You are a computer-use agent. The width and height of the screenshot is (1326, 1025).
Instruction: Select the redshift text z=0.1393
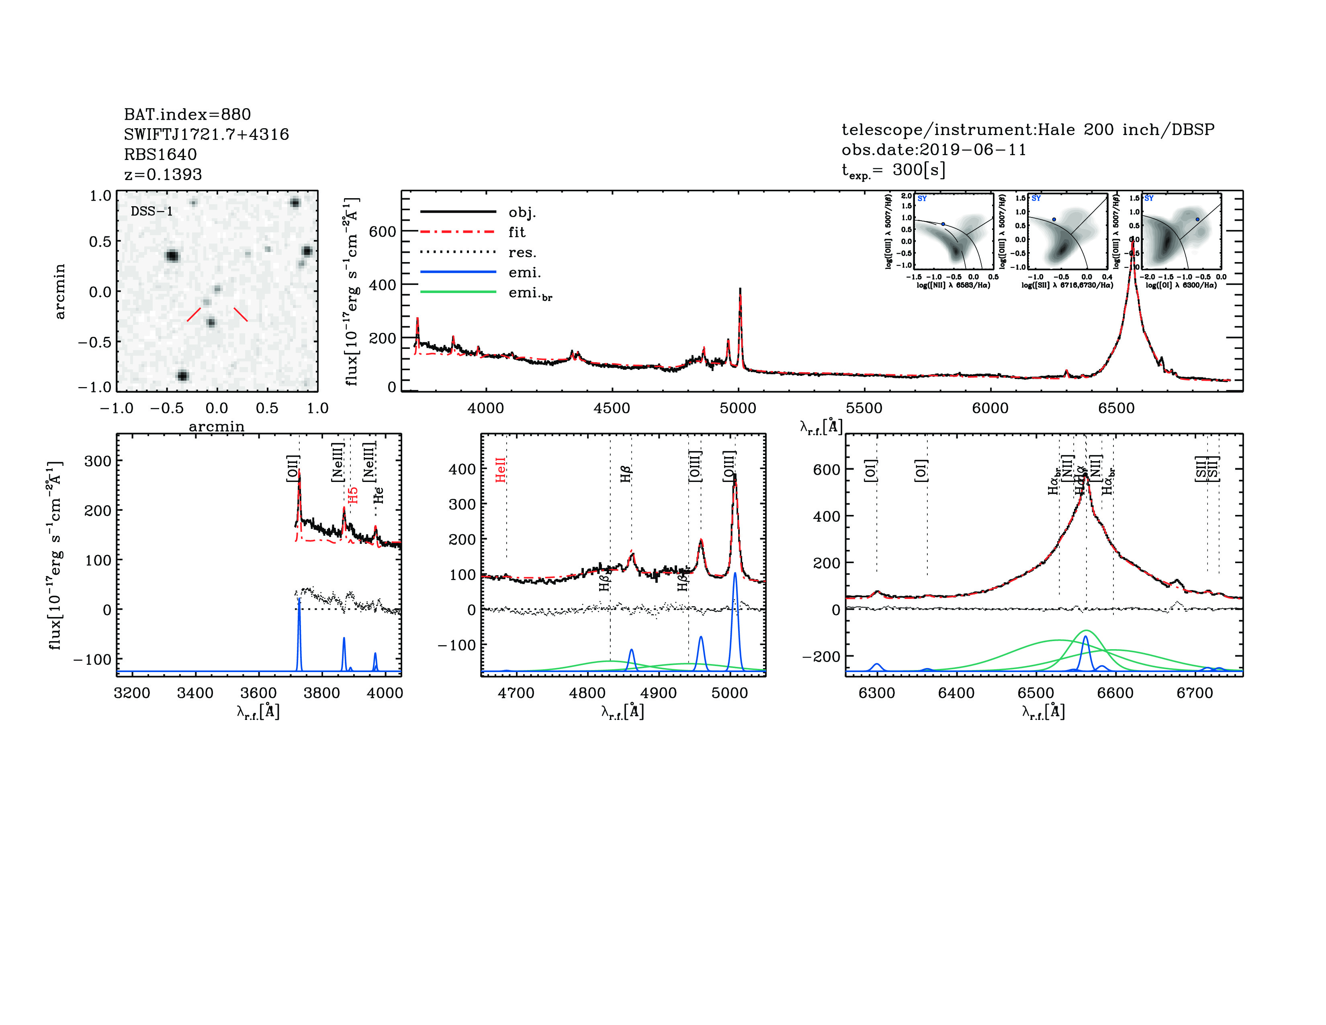click(x=163, y=174)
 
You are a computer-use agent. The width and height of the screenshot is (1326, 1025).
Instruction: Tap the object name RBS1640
click(x=160, y=154)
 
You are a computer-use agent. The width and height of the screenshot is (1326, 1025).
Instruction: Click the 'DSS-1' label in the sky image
click(x=152, y=211)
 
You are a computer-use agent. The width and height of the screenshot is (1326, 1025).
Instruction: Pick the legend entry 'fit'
click(x=517, y=232)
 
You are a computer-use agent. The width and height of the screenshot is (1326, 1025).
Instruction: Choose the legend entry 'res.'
click(x=522, y=252)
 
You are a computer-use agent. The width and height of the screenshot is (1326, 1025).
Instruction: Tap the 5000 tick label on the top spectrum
click(x=738, y=408)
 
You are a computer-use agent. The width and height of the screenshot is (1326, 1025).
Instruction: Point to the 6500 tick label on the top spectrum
click(x=1116, y=408)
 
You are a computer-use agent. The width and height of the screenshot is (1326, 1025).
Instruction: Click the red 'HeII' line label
click(x=500, y=470)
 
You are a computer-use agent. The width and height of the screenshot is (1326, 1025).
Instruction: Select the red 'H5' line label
click(x=353, y=495)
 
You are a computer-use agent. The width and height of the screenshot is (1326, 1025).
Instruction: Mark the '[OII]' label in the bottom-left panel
click(x=293, y=469)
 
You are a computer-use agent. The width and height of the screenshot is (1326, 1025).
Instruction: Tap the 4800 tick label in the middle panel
click(x=587, y=693)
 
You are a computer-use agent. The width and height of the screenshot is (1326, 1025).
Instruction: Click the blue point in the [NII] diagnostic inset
click(x=943, y=224)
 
